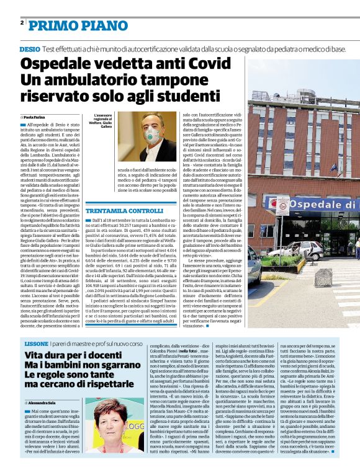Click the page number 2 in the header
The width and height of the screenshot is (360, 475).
(22, 22)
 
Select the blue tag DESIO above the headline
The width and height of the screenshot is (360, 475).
(29, 48)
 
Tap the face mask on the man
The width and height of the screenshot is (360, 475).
(151, 136)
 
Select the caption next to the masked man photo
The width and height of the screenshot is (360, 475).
(103, 123)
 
